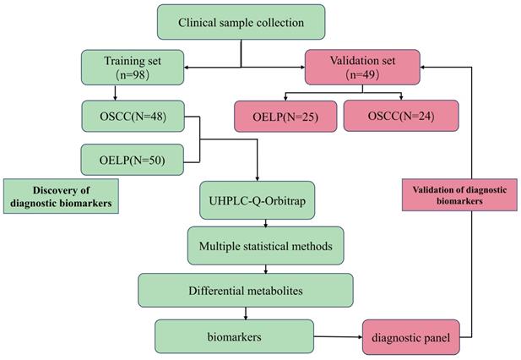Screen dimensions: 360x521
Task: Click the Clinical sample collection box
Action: [241, 23]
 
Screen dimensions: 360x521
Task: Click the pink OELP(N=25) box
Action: [286, 115]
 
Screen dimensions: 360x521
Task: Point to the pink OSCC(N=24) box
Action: [401, 115]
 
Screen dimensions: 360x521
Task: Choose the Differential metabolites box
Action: [246, 292]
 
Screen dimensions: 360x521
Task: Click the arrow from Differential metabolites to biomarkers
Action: [246, 313]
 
